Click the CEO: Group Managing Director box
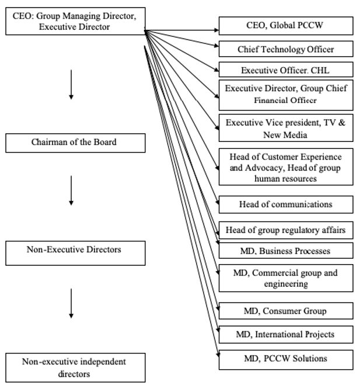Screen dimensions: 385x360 click(x=75, y=20)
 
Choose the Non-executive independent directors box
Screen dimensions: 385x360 click(x=75, y=367)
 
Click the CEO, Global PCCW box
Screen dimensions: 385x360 click(x=286, y=26)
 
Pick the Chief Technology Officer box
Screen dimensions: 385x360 click(x=286, y=48)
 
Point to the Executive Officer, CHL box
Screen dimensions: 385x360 click(x=286, y=70)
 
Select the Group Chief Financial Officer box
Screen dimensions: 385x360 click(x=286, y=95)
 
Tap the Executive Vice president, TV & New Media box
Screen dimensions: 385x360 click(x=286, y=129)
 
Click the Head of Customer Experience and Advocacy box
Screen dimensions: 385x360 click(x=286, y=167)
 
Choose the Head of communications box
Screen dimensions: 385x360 click(x=286, y=204)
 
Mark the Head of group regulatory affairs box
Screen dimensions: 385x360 click(x=286, y=230)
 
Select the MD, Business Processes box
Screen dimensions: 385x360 click(x=286, y=251)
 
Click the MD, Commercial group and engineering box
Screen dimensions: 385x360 click(x=286, y=278)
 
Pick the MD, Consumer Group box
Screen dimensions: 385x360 click(x=286, y=311)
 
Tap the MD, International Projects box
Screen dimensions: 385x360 click(x=286, y=335)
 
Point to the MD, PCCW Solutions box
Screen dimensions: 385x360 click(x=286, y=359)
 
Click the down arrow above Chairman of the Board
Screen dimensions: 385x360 click(x=71, y=85)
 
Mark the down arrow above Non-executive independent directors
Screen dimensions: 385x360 click(x=71, y=304)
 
